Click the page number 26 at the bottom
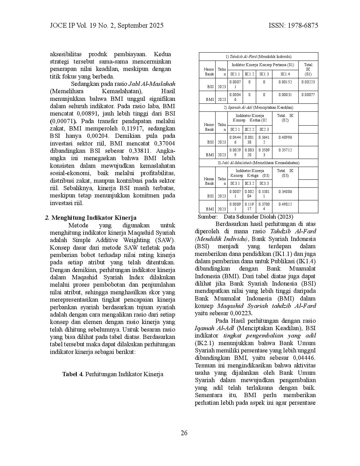(184, 433)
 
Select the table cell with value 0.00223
(308, 82)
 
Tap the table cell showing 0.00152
(285, 82)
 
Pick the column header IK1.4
(285, 74)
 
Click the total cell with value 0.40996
(285, 137)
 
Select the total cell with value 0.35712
(285, 150)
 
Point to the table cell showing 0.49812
(285, 204)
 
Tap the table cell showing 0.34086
(285, 191)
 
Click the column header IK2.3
(264, 129)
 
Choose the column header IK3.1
(235, 183)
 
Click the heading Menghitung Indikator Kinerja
(94, 218)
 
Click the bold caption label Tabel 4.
(73, 374)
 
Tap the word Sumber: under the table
(208, 217)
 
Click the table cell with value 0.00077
(308, 95)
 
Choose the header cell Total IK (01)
(308, 69)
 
